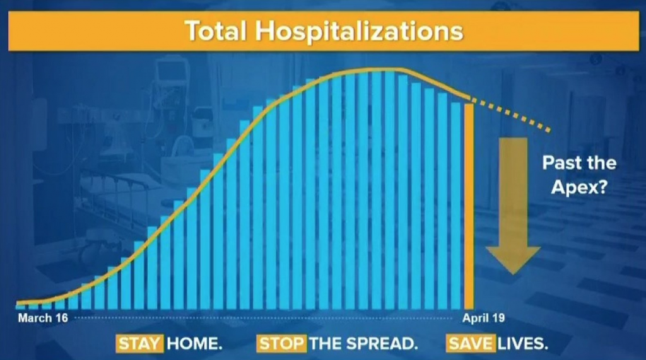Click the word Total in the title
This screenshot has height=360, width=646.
(x=216, y=31)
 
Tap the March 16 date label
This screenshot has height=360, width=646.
(x=43, y=318)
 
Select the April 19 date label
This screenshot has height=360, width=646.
(x=483, y=318)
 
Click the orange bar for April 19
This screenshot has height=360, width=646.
(x=469, y=206)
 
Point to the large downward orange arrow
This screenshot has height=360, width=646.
(x=513, y=206)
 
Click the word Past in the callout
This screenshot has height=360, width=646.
(x=560, y=163)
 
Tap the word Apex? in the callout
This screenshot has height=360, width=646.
(x=579, y=187)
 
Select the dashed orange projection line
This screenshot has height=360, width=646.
(x=511, y=115)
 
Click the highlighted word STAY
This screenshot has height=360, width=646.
(x=139, y=344)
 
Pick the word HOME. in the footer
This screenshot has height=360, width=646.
(x=194, y=344)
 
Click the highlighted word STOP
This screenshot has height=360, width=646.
(x=282, y=344)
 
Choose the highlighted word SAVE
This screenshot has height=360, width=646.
(x=471, y=344)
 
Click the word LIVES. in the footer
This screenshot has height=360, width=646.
(x=523, y=344)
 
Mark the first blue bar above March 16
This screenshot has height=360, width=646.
(x=20, y=306)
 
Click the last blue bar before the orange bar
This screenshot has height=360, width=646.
(x=455, y=206)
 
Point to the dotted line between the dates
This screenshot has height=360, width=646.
(x=264, y=318)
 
